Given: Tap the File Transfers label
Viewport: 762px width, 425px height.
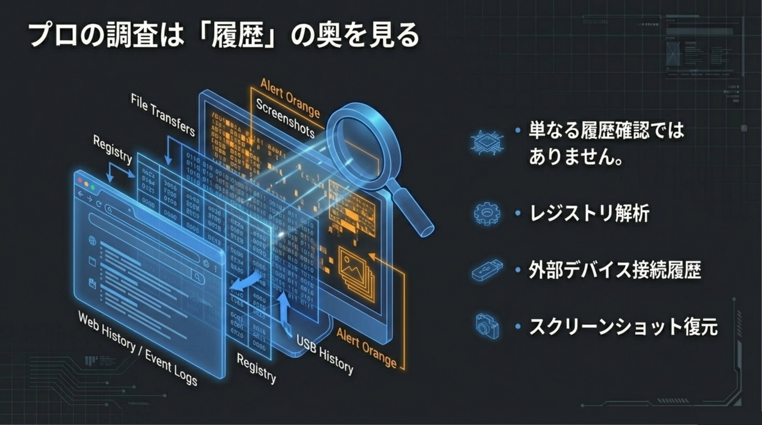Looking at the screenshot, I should (x=163, y=115).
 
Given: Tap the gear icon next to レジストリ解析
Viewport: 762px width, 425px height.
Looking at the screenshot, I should (x=487, y=213).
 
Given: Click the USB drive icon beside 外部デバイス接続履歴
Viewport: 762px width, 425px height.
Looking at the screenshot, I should (x=487, y=270).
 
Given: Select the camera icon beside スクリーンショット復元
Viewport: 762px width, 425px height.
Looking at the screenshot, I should (x=487, y=326).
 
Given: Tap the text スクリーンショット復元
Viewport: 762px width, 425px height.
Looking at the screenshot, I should (x=623, y=326).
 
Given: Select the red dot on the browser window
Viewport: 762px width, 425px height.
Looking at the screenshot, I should (x=80, y=181).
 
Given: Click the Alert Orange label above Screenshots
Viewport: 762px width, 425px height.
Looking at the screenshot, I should (x=290, y=98).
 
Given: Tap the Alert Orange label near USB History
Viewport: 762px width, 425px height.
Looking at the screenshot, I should (x=367, y=348).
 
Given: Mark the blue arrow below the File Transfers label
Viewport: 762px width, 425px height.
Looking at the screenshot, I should (x=168, y=152).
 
